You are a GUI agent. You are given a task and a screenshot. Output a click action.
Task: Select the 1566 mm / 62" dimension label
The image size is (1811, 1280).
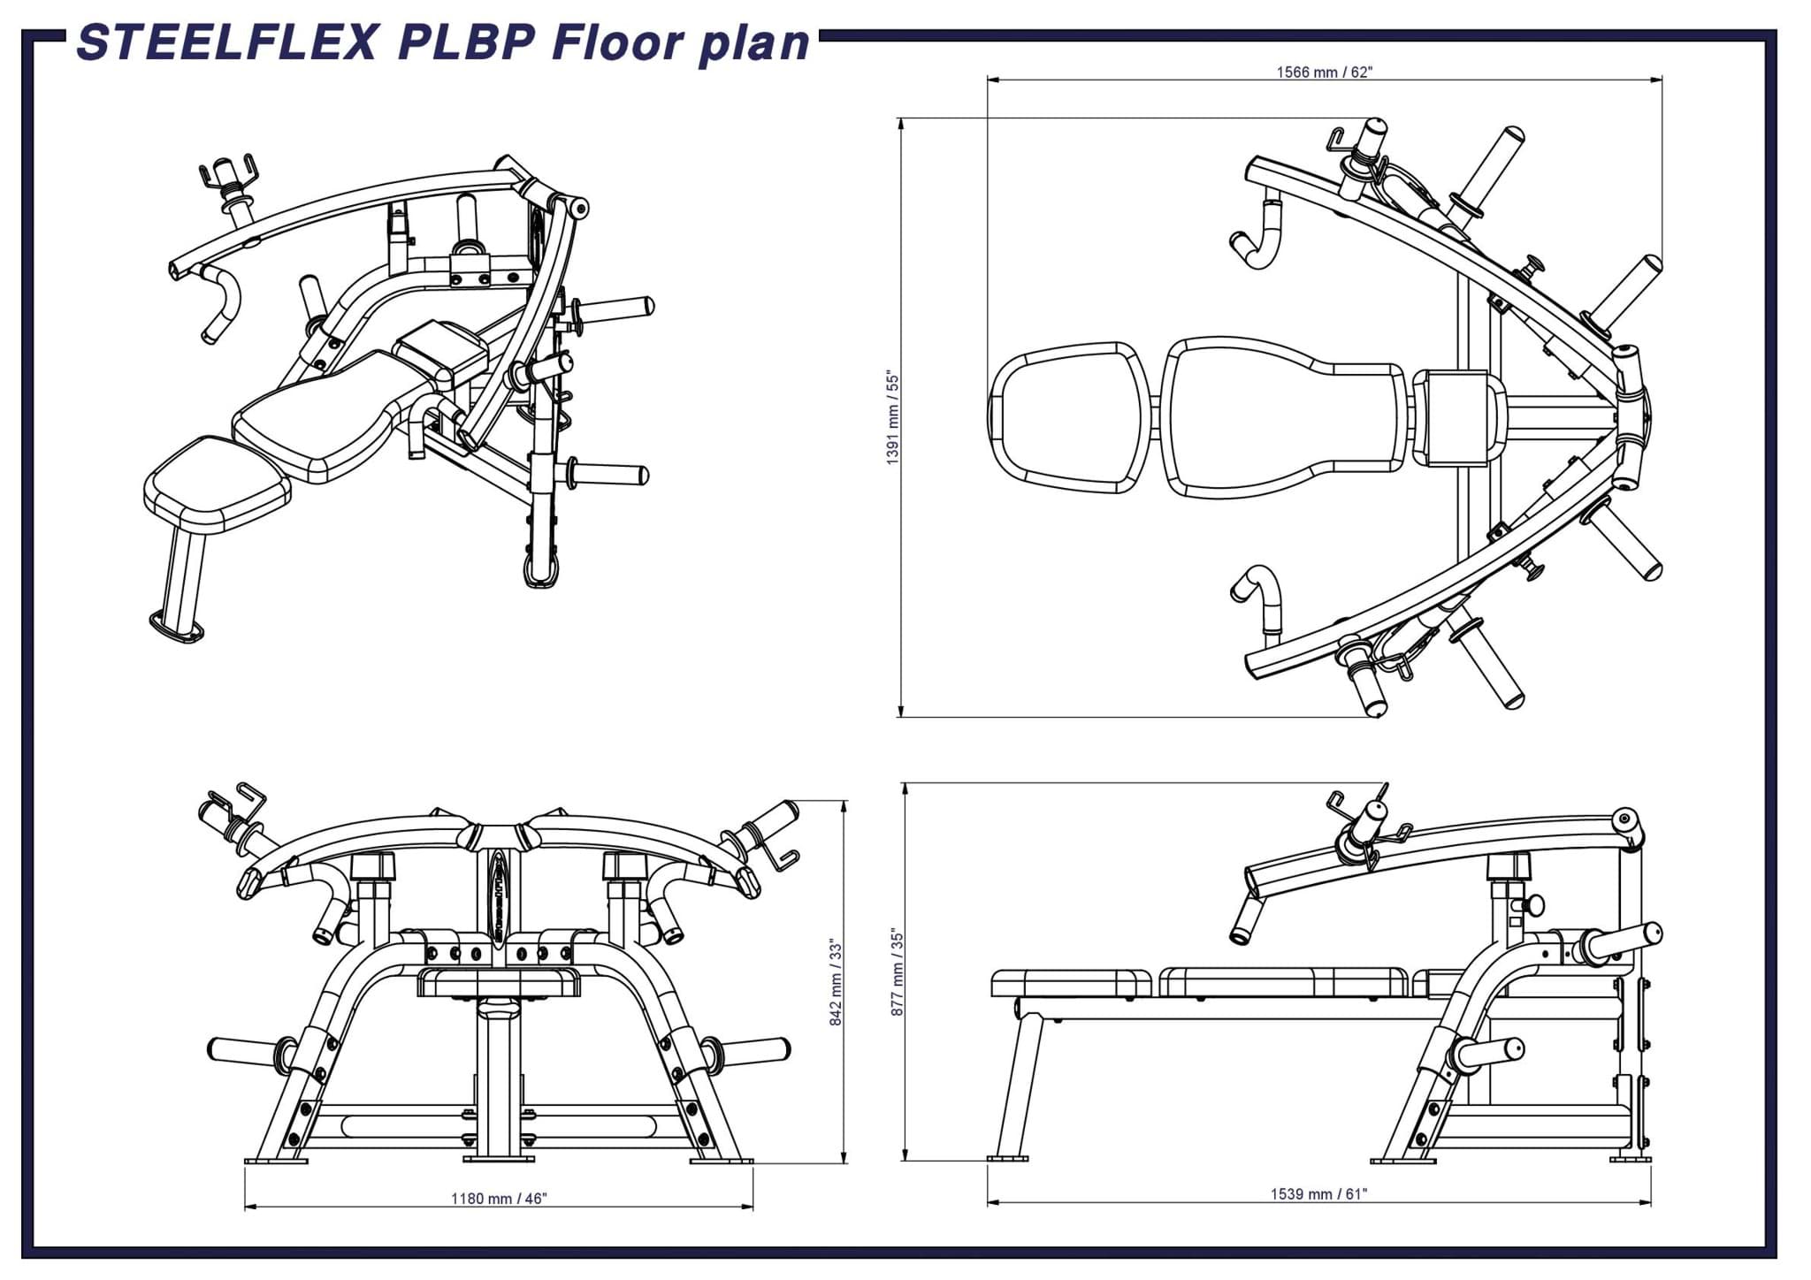point(1324,72)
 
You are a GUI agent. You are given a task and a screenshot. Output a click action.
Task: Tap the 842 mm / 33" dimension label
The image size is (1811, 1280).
point(836,982)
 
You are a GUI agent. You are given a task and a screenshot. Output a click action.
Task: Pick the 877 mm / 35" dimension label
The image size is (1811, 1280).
point(897,972)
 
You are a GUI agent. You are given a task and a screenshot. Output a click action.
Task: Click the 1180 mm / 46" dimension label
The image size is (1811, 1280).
point(499,1199)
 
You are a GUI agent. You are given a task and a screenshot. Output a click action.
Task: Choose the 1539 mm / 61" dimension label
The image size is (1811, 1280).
point(1318,1194)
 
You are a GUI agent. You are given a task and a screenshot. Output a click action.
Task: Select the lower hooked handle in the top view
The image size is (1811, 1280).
point(1258,598)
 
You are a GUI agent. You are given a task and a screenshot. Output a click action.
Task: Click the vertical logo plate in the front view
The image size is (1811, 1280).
point(498,897)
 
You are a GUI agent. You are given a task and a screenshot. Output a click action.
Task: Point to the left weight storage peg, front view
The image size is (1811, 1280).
point(243,1049)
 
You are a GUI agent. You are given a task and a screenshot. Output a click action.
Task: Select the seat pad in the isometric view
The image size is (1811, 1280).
point(218,486)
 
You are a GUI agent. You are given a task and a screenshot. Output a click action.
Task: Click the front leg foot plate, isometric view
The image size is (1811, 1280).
point(175,627)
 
